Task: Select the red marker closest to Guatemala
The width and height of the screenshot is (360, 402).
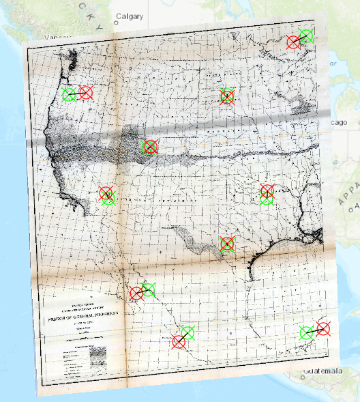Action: pos(323,329)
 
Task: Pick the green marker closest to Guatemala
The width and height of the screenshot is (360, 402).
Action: pos(307,333)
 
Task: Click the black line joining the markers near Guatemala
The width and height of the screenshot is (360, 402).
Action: pos(315,331)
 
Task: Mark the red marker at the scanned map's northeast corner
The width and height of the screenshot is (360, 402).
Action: pos(294,42)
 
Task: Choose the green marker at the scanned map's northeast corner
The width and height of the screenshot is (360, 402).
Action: pos(306,36)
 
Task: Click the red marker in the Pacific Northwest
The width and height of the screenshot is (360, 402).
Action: pos(86,93)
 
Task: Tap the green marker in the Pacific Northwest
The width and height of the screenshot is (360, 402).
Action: pos(69,94)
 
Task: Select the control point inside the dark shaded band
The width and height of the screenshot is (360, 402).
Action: pos(149,146)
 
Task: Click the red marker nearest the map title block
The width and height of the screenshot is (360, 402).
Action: pos(137,293)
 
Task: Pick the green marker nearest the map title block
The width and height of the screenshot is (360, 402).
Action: pos(148,289)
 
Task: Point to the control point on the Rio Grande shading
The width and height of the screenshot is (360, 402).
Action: pos(227,244)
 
